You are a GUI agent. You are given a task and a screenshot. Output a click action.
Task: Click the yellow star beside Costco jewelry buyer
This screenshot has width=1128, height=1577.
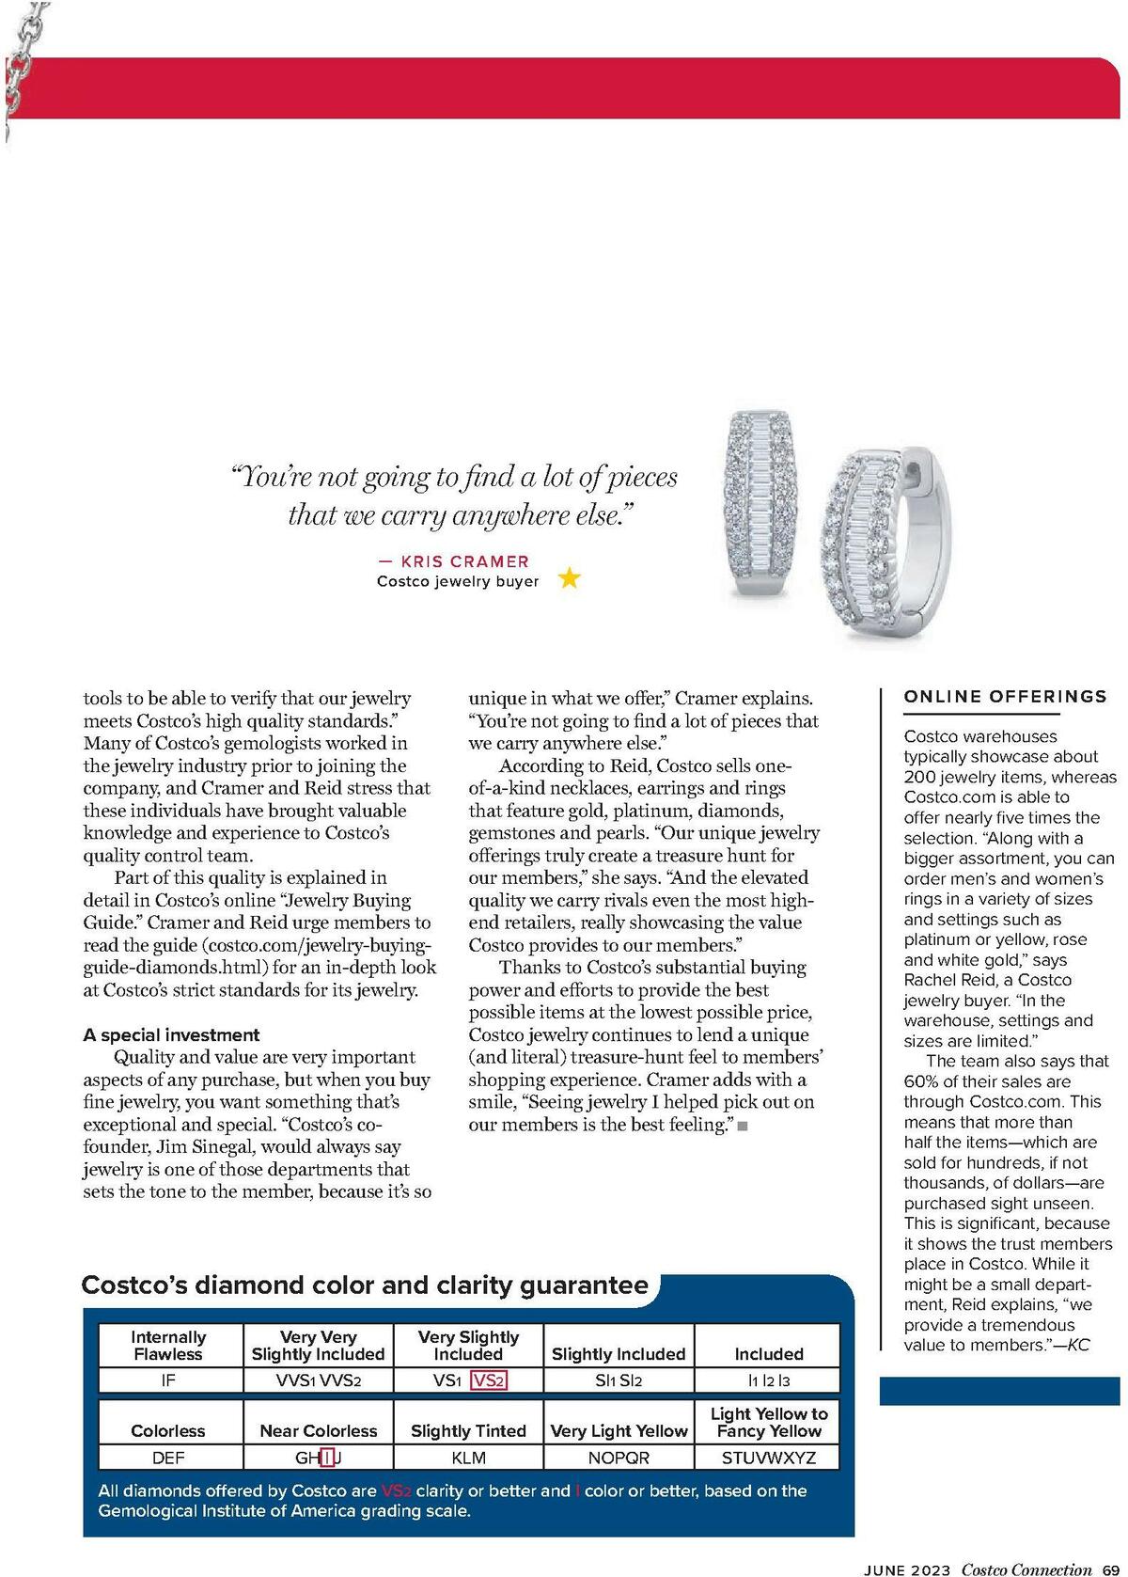(570, 577)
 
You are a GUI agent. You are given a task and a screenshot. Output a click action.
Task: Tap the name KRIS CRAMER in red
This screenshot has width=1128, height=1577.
(464, 561)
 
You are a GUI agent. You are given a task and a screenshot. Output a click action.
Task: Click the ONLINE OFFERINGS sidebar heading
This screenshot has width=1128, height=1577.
(1005, 697)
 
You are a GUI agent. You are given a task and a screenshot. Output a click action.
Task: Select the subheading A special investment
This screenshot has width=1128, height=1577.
(171, 1034)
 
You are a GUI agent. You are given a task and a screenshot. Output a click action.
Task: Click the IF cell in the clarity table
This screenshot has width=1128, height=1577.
(168, 1380)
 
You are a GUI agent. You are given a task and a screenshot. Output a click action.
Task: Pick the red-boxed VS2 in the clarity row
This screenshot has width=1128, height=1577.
(489, 1380)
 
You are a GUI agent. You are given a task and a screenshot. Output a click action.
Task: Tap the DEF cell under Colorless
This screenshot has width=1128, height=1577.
(168, 1458)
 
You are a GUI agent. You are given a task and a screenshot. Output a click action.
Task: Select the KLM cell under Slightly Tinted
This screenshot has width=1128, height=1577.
(468, 1458)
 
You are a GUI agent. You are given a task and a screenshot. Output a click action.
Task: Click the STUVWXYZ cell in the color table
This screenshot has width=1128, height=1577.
(768, 1458)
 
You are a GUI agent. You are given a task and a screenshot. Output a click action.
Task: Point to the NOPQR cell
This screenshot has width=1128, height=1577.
(619, 1458)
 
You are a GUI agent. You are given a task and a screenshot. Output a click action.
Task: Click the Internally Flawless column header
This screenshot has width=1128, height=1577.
(168, 1346)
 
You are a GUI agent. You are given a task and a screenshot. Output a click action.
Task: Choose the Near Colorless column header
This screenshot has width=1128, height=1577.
(318, 1430)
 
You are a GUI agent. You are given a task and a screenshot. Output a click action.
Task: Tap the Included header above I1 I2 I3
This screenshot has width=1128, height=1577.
(768, 1354)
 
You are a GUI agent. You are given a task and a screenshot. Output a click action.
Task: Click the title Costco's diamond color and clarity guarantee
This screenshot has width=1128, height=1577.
(365, 1285)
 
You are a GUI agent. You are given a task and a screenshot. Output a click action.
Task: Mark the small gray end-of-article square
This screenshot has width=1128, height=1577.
(743, 1126)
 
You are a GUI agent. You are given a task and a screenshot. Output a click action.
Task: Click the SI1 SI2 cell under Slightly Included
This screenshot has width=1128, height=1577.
(619, 1380)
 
